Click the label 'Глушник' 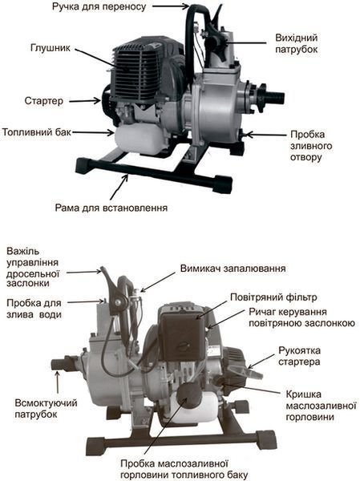(51, 48)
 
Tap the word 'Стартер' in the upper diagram (44, 101)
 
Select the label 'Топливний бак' (37, 132)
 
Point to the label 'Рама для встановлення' (111, 208)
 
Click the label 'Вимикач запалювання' (233, 269)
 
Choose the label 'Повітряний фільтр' (273, 297)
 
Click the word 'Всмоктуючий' (46, 402)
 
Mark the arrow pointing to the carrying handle (170, 6)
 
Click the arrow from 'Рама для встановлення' (119, 187)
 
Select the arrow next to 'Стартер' (85, 101)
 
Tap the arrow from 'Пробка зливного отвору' (265, 135)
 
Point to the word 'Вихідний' (297, 38)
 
